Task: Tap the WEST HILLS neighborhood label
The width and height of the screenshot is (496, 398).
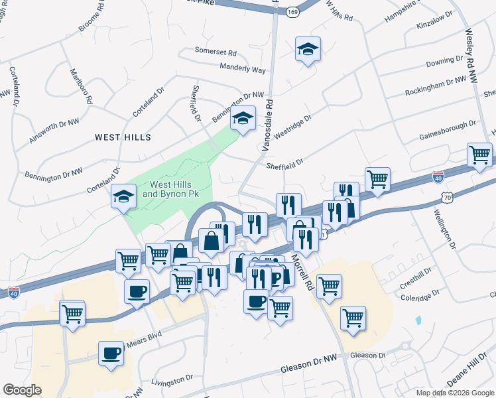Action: coord(123,137)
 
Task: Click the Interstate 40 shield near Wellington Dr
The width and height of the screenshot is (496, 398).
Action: coord(438,177)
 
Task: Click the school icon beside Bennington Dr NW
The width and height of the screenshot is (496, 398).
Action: coord(243,119)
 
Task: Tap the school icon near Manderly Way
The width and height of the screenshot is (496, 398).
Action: coord(308,49)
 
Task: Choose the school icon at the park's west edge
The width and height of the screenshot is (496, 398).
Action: coord(123,196)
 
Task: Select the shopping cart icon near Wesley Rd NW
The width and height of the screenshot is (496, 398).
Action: coord(479,155)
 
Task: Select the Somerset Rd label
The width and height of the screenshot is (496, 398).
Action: coord(216,51)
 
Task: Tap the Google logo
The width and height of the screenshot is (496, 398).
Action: coord(22,390)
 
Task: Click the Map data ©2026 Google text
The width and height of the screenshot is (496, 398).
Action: coord(454,393)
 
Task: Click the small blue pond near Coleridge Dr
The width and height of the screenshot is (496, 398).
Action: coord(418,320)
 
